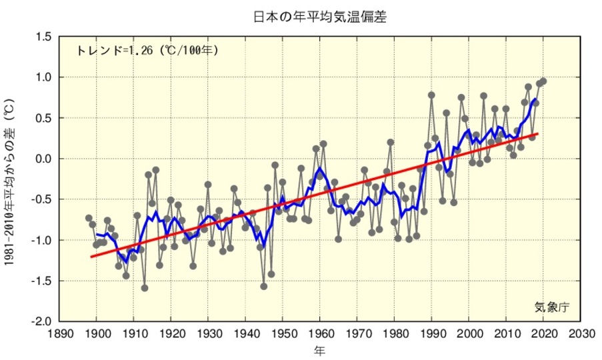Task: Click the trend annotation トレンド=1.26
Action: click(x=147, y=50)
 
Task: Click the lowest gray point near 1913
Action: click(x=145, y=288)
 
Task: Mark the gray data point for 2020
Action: click(x=543, y=81)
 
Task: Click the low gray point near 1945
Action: click(x=264, y=287)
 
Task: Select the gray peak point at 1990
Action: click(x=431, y=95)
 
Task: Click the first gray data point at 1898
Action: click(x=89, y=218)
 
